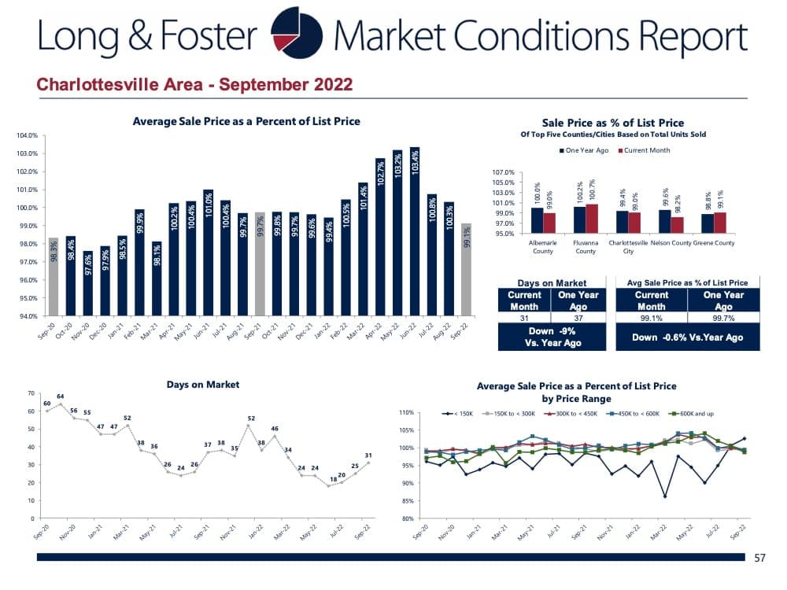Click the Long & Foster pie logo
296,35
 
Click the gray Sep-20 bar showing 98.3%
54,276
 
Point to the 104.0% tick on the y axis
27,135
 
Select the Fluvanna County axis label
586,248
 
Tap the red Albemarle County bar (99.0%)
549,223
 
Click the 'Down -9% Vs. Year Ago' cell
552,337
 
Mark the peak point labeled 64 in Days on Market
61,404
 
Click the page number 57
759,558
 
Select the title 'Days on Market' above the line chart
203,385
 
